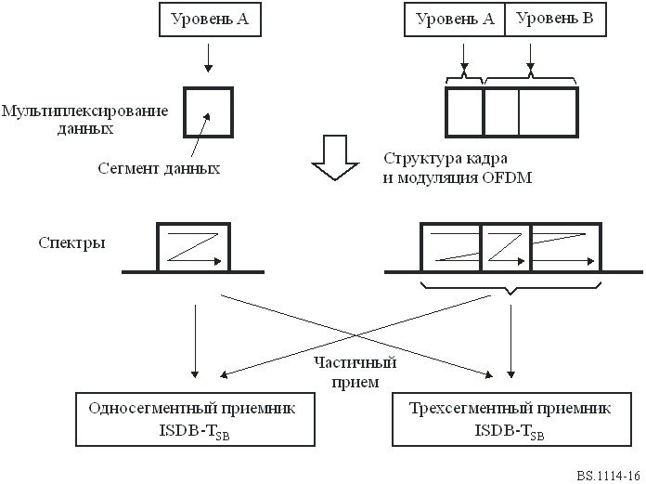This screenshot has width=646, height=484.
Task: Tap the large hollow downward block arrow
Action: [335, 158]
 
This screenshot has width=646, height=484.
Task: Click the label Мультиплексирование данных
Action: [84, 120]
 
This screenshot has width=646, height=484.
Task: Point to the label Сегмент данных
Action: [159, 168]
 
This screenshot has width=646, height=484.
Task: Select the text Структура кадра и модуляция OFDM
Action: [458, 168]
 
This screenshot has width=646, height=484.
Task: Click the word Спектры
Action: [72, 242]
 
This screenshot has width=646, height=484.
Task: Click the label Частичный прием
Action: [355, 373]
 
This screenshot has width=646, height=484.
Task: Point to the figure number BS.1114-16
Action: [608, 475]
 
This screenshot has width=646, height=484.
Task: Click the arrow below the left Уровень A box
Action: [209, 58]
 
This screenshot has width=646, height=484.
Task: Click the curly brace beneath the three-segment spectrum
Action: [510, 288]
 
